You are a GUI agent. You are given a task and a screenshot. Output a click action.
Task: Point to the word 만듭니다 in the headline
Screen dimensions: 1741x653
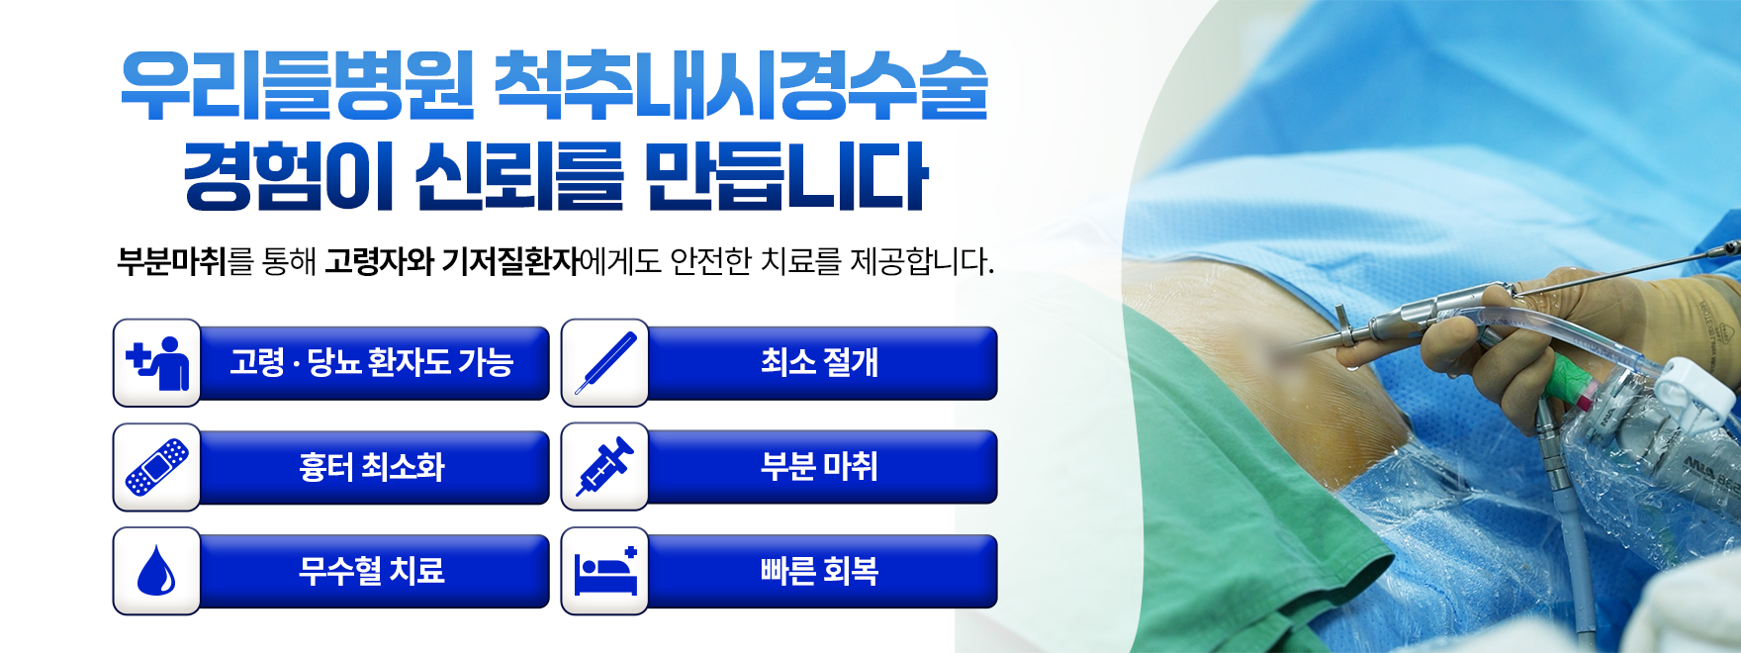tap(786, 176)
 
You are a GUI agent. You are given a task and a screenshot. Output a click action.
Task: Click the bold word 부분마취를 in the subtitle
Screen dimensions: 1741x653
tap(185, 261)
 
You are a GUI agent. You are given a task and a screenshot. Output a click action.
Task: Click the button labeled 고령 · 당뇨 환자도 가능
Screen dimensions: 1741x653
tap(372, 362)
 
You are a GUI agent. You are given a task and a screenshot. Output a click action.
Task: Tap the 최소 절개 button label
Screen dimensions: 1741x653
tap(819, 362)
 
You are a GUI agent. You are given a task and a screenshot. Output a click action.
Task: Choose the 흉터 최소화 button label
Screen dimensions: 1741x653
tap(372, 466)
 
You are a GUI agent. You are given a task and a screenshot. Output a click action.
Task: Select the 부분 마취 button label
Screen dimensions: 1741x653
tap(819, 466)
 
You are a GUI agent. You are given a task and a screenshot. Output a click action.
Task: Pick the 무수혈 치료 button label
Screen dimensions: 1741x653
tap(372, 570)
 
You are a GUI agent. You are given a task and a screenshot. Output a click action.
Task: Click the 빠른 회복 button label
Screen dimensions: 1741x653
tap(819, 570)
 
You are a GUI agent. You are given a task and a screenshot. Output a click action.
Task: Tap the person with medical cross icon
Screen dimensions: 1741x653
tap(158, 363)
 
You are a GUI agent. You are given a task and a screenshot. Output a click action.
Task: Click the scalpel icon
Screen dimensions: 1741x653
tap(605, 363)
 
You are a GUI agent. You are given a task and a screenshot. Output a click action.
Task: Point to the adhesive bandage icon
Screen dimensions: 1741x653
tap(157, 467)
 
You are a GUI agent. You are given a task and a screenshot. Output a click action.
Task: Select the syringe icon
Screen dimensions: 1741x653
tap(605, 467)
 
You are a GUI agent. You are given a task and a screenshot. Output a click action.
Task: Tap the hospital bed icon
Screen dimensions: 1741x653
tap(605, 571)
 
